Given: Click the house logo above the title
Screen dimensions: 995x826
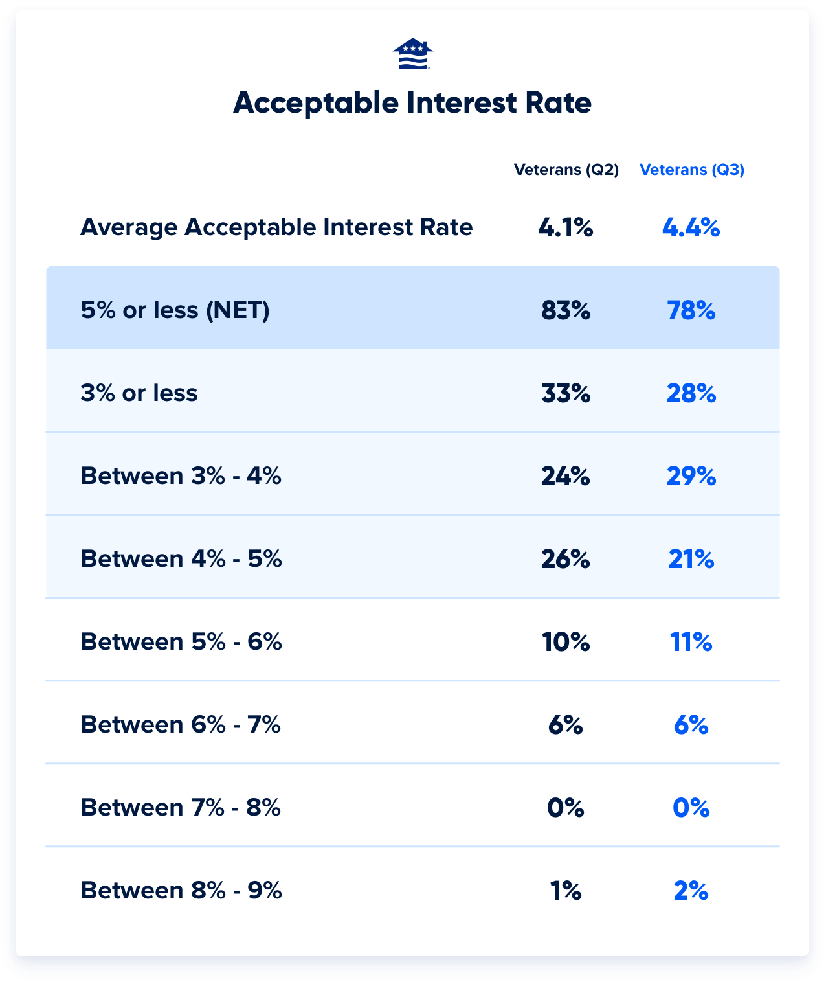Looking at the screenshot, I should click(412, 53).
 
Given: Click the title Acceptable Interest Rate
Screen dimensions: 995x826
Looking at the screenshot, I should click(412, 103).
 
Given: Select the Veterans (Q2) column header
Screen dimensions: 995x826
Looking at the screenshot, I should click(566, 170).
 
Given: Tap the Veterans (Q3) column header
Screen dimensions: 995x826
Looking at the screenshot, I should click(691, 170).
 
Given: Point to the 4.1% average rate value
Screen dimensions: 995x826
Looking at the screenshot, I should click(566, 228).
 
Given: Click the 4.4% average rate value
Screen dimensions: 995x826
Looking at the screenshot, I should click(691, 228).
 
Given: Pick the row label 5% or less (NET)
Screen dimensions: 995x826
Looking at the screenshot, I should click(175, 310).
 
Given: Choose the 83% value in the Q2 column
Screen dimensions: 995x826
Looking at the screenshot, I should click(566, 311).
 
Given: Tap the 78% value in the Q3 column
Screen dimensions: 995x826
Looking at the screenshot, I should click(691, 311).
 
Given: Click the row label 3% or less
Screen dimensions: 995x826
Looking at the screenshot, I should click(139, 393).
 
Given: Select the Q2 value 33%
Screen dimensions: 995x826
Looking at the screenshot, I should click(566, 394).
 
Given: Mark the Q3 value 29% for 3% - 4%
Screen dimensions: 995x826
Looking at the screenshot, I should click(691, 477).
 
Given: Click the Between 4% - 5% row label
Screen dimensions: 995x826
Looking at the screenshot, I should click(181, 559).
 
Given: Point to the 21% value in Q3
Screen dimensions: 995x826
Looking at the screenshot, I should click(691, 560).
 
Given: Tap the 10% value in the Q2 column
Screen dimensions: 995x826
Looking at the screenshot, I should click(566, 643).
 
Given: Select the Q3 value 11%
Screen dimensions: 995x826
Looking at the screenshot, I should click(691, 643).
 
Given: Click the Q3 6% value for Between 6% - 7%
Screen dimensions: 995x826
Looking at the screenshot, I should click(691, 726).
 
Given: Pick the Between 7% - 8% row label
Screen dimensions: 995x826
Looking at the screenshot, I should click(181, 808).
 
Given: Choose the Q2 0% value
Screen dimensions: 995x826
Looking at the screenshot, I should click(566, 808).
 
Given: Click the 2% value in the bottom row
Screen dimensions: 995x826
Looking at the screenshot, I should click(691, 891).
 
